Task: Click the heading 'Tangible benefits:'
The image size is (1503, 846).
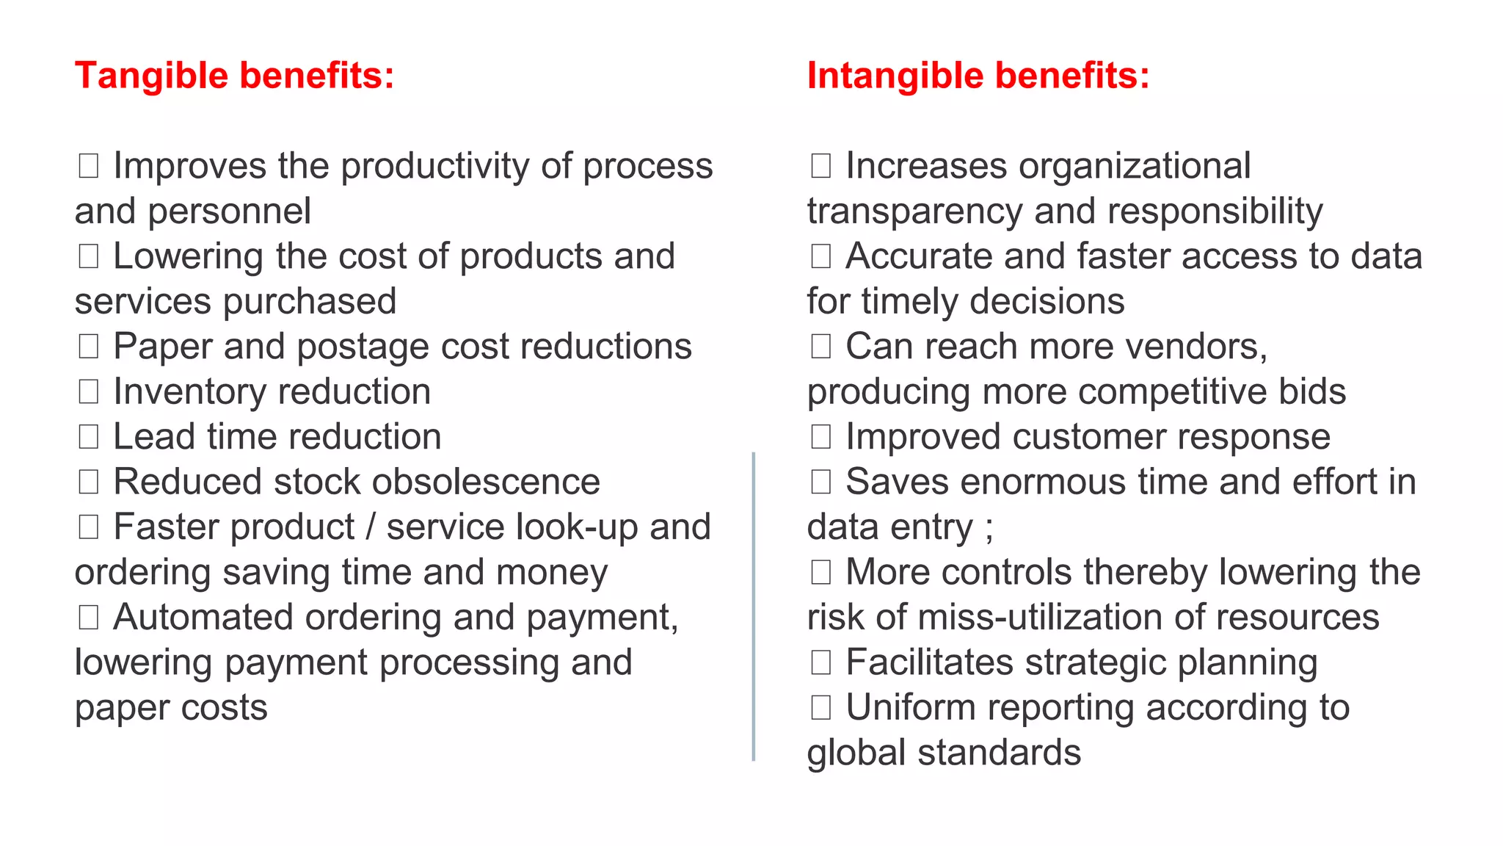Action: (234, 76)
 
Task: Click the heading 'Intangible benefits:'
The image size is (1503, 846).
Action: (978, 76)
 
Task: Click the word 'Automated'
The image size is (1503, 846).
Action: (203, 618)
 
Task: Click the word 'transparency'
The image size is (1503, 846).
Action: (914, 212)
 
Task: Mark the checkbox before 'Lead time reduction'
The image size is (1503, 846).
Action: (89, 437)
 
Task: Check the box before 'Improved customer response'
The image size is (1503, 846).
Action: (820, 437)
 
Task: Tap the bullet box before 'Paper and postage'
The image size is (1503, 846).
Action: (89, 347)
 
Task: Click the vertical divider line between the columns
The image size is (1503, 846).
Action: (754, 606)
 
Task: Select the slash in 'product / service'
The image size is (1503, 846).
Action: (371, 527)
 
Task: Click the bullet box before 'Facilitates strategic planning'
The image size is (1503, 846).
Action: (820, 662)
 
